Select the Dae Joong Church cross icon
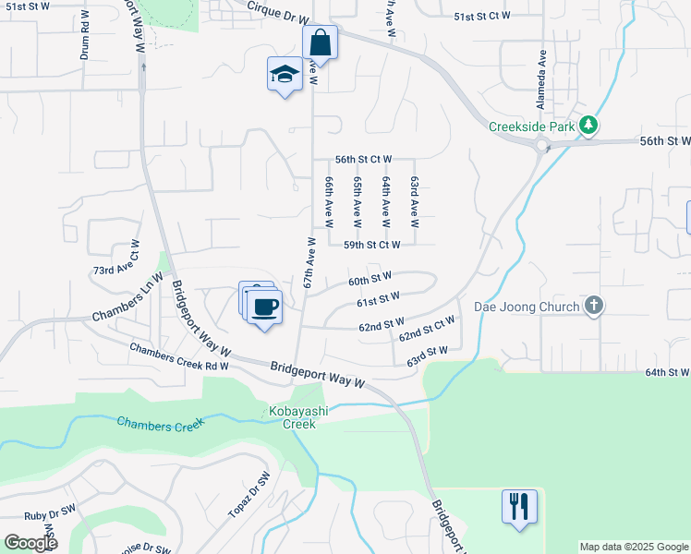pyautogui.click(x=594, y=306)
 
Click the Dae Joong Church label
pyautogui.click(x=527, y=307)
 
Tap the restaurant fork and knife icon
pyautogui.click(x=519, y=506)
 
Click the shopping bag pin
pyautogui.click(x=320, y=42)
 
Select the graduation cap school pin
pyautogui.click(x=285, y=75)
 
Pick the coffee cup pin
pyautogui.click(x=263, y=307)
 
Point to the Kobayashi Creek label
pyautogui.click(x=293, y=418)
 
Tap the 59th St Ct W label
pyautogui.click(x=371, y=245)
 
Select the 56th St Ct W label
pyautogui.click(x=364, y=160)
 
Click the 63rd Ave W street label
pyautogui.click(x=415, y=202)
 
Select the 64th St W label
pyautogui.click(x=667, y=372)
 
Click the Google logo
pyautogui.click(x=30, y=543)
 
